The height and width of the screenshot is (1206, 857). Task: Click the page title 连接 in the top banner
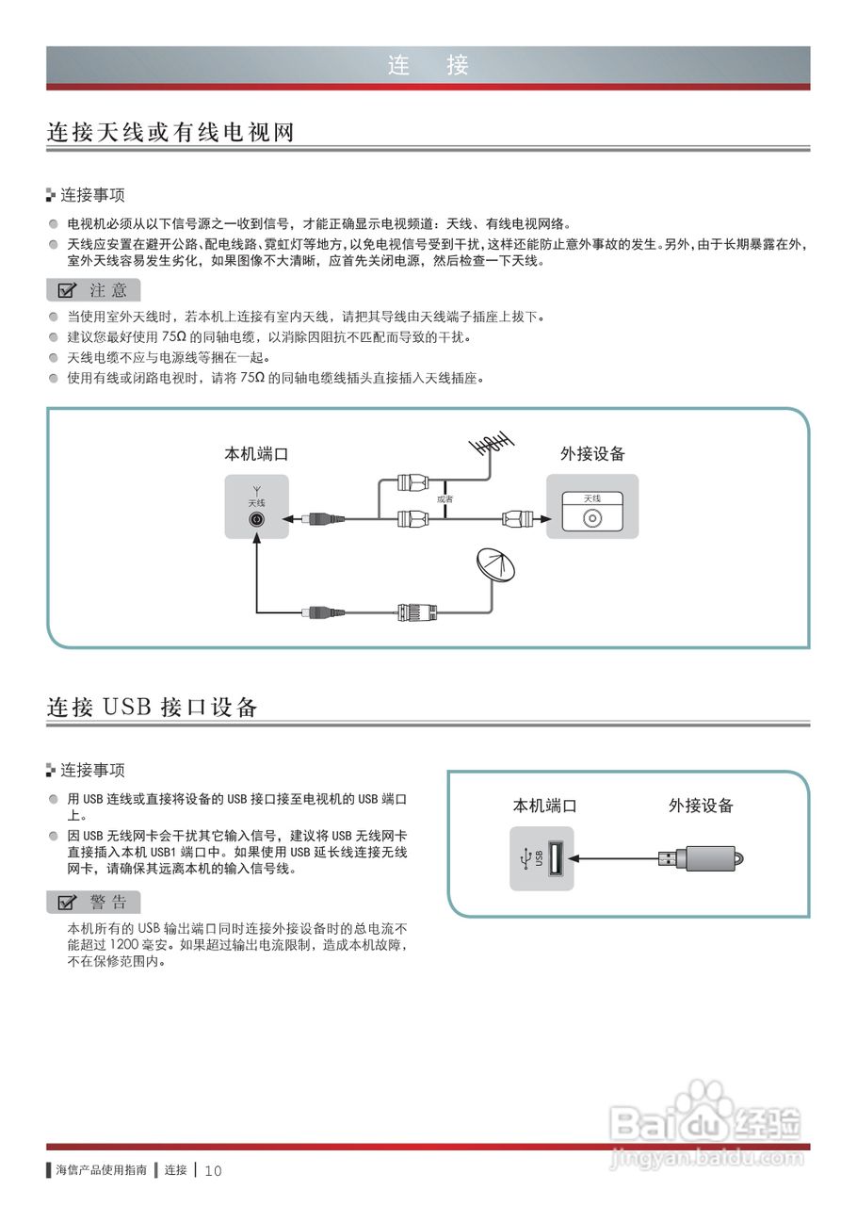(428, 65)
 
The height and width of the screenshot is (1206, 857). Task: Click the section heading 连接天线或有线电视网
(170, 132)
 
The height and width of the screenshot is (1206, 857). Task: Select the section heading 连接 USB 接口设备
(153, 707)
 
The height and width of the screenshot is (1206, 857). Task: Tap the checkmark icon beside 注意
(67, 290)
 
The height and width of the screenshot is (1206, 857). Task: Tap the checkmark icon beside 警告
(67, 903)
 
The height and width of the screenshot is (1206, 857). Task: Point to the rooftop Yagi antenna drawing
(491, 445)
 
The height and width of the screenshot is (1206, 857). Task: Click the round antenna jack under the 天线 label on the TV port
(256, 518)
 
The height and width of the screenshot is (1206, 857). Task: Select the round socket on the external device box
(591, 518)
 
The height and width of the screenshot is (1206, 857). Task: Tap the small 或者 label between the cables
(445, 498)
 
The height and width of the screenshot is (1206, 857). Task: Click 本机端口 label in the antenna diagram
(256, 454)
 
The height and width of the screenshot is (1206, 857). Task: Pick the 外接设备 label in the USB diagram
(701, 806)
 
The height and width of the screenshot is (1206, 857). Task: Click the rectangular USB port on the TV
(555, 857)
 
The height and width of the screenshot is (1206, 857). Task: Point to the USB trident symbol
(525, 857)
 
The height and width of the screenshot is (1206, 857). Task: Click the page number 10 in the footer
(213, 1171)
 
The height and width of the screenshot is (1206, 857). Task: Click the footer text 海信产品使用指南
(101, 1170)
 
